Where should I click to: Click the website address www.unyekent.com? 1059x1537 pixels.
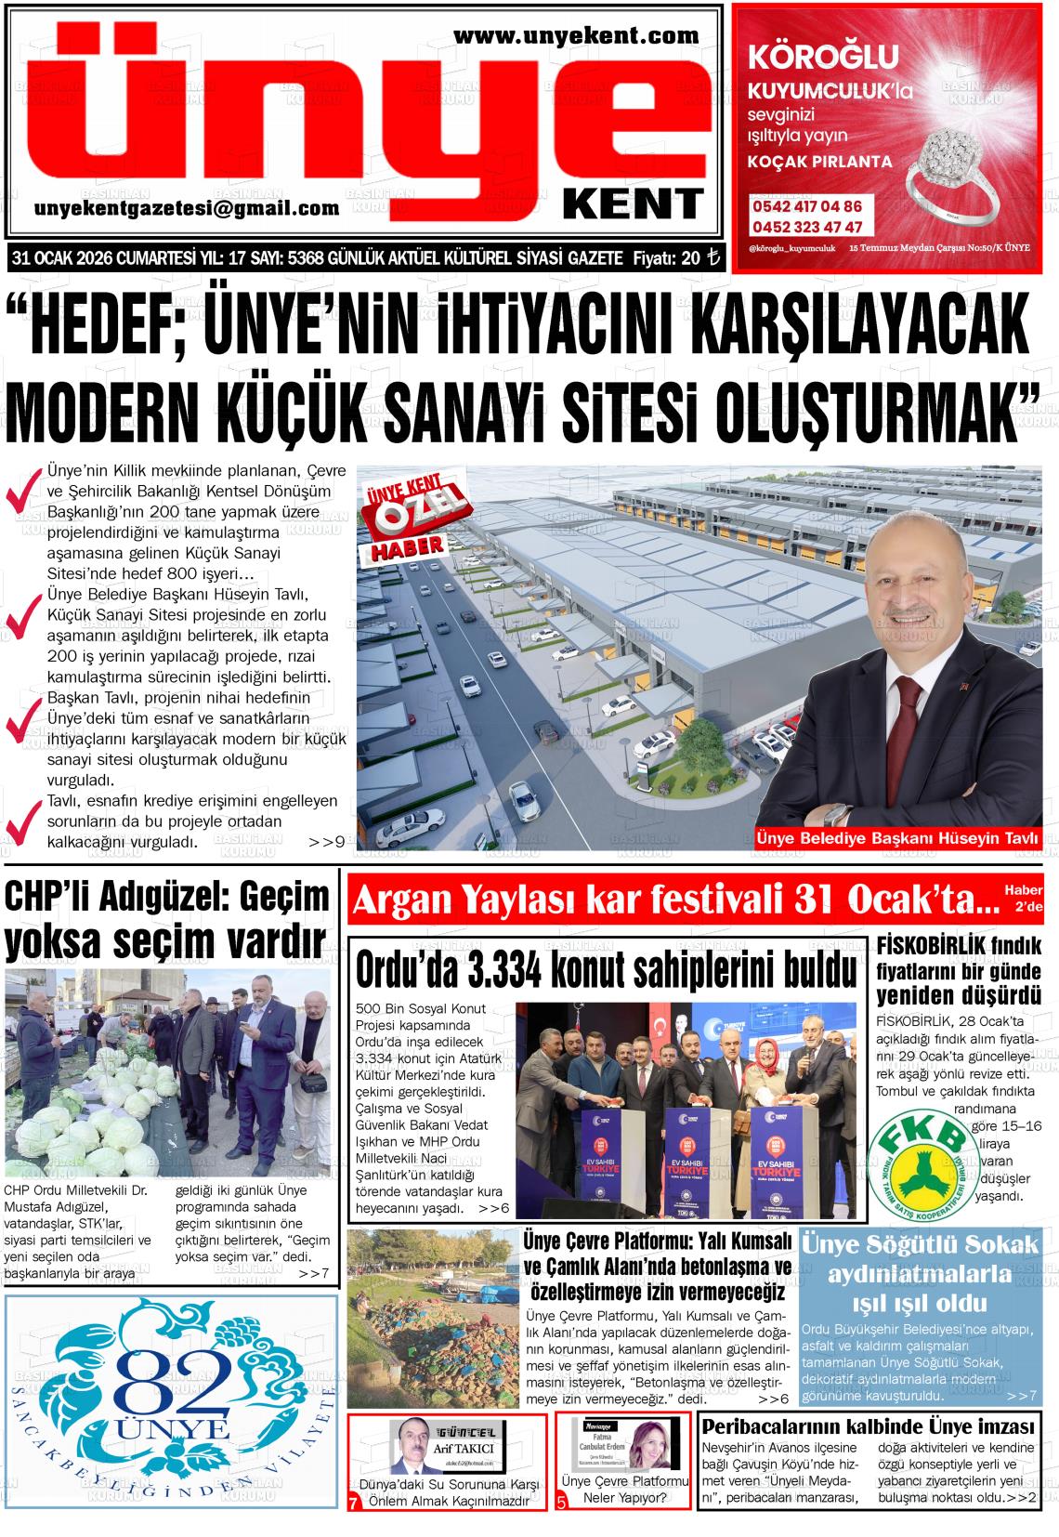(x=576, y=36)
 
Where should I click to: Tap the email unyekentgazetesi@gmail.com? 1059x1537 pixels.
(x=187, y=208)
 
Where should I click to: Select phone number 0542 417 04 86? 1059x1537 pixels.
(x=806, y=206)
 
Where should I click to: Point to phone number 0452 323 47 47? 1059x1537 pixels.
(x=806, y=227)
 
